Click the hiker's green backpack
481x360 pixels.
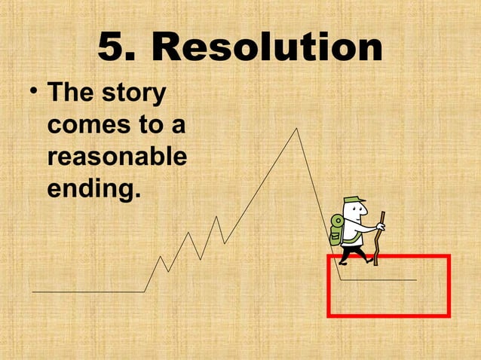335,229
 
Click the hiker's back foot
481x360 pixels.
343,261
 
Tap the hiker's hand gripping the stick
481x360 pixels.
380,226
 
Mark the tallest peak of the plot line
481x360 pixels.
296,129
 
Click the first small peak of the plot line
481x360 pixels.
161,257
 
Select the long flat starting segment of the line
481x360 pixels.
87,291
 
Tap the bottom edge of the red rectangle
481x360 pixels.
388,315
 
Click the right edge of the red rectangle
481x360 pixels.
449,286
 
